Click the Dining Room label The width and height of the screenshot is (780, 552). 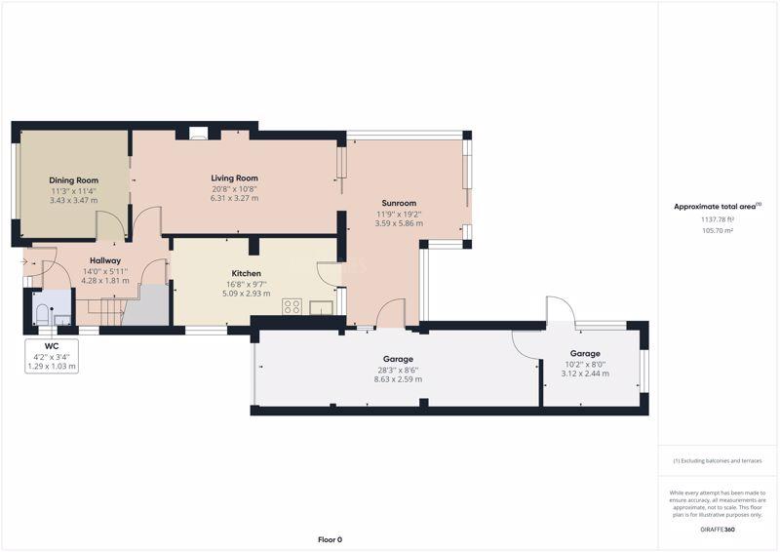(74, 180)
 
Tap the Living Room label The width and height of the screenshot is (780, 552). (234, 177)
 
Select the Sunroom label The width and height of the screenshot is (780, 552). (399, 203)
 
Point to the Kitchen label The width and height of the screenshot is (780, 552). (247, 273)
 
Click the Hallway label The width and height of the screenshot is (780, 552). (105, 260)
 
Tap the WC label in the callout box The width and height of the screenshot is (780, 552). (52, 346)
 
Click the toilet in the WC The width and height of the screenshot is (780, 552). (42, 314)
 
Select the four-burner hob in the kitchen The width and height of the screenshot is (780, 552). (292, 306)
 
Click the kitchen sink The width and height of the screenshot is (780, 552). (322, 307)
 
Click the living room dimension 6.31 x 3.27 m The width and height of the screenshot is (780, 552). (234, 198)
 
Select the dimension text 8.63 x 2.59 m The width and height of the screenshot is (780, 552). (398, 379)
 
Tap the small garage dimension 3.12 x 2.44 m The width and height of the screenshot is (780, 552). (585, 374)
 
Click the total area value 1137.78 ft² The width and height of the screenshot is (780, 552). (718, 219)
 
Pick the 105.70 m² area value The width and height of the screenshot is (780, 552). (718, 230)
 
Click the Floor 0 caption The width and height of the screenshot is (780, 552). (330, 539)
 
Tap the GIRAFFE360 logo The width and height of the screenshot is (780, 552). (718, 530)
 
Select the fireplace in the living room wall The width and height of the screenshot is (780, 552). (199, 133)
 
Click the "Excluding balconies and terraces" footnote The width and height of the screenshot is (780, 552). (718, 461)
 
